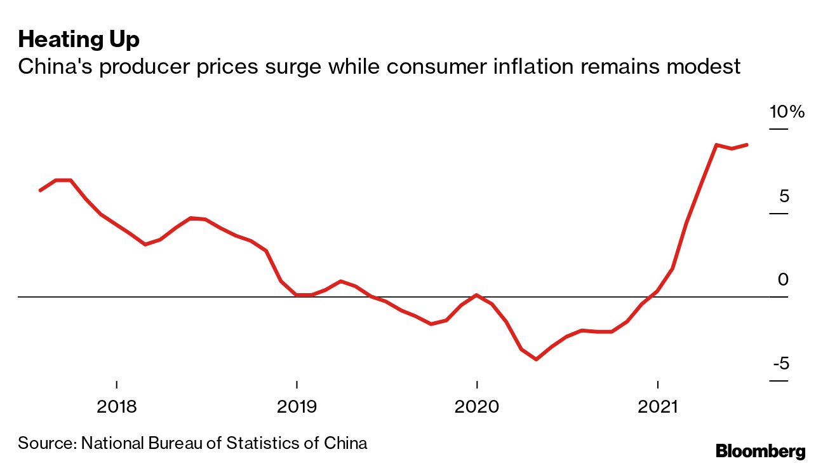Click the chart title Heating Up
[x=79, y=39]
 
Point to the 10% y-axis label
[x=787, y=113]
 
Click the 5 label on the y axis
[x=784, y=196]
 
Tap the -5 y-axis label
[x=781, y=364]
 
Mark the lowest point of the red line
[x=537, y=359]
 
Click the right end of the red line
[x=747, y=144]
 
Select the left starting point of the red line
[x=40, y=190]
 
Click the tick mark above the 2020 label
[x=477, y=385]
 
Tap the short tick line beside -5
[x=779, y=381]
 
